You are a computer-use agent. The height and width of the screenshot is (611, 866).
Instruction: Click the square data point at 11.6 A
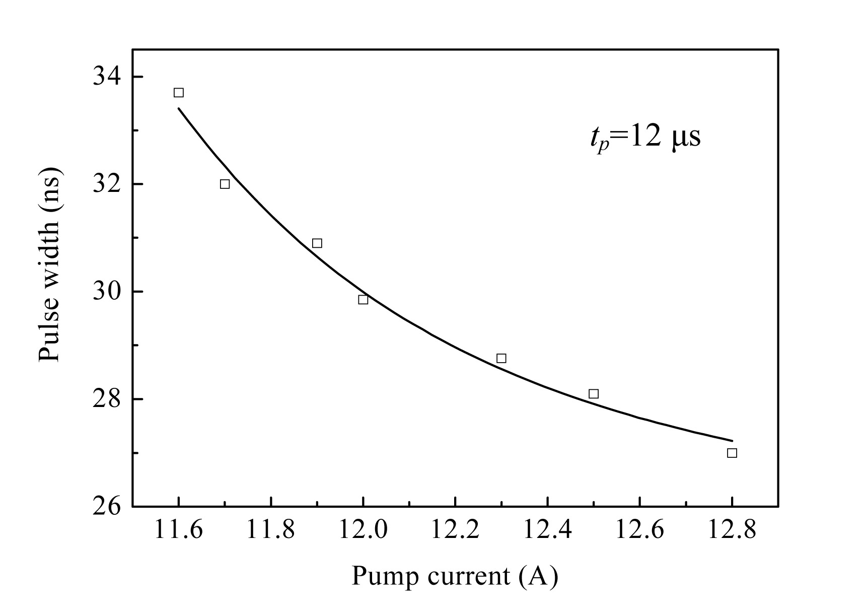coord(178,93)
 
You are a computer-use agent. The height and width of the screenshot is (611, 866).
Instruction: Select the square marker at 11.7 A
coord(225,184)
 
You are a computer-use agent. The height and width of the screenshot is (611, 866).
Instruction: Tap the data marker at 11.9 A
coord(317,243)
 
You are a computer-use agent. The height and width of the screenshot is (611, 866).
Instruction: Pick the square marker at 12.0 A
coord(363,300)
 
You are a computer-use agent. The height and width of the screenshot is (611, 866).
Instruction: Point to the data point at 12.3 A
coord(501,358)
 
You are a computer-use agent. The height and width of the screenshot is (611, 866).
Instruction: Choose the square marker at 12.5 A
coord(594,393)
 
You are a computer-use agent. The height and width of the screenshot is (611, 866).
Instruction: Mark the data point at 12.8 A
coord(732,453)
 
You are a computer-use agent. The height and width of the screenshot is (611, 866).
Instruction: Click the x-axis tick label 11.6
coord(178,530)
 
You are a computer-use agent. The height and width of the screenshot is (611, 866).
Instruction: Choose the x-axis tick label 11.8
coord(270,530)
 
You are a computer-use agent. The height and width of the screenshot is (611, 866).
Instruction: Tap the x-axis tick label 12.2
coord(455,530)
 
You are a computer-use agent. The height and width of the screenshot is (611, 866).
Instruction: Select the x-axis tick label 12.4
coord(547,530)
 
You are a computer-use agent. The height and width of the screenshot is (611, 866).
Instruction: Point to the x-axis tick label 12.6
coord(639,530)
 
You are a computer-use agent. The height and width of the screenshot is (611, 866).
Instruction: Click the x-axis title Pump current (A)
coord(455,576)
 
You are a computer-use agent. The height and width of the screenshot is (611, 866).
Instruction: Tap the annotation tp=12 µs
coord(645,138)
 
